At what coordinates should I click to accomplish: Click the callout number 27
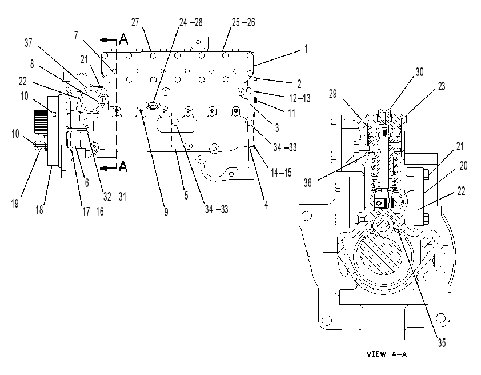tap(135, 22)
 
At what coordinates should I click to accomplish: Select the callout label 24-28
tap(191, 22)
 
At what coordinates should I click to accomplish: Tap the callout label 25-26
tap(243, 22)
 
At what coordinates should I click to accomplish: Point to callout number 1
tap(306, 49)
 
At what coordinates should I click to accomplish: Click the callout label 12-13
tap(300, 98)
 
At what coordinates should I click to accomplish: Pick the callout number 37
tap(28, 43)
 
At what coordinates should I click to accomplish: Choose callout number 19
tap(15, 203)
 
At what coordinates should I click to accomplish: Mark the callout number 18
tap(39, 210)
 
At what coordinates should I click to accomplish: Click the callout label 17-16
tap(93, 211)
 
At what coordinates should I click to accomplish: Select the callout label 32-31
tap(115, 197)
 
